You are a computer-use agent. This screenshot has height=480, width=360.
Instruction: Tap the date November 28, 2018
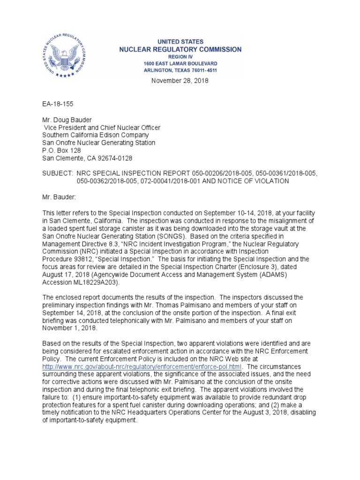click(180, 81)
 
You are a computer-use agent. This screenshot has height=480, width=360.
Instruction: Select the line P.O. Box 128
click(61, 150)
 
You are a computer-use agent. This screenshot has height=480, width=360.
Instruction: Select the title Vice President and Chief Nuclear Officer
click(102, 127)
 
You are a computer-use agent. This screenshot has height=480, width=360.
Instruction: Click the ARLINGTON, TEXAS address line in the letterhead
click(180, 70)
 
